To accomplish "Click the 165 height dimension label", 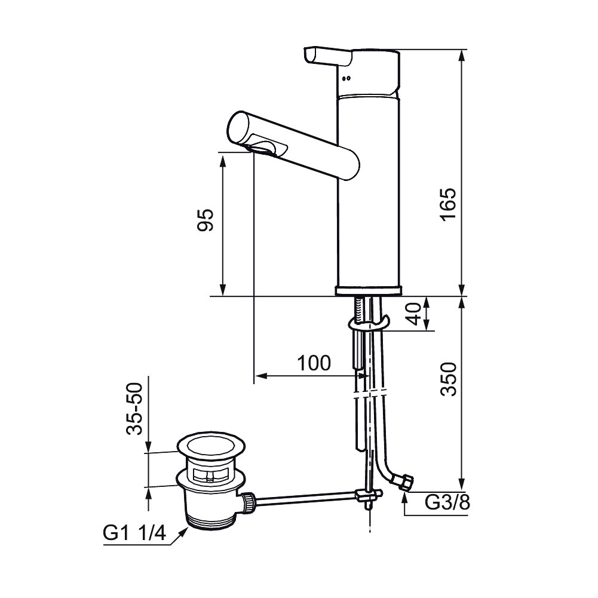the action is [448, 204].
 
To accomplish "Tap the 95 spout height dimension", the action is [205, 220].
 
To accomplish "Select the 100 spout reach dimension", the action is [314, 363].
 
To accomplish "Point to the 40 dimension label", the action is [414, 314].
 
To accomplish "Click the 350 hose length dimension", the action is [448, 379].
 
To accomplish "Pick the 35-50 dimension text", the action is [134, 409].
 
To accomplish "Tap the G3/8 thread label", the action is [447, 503].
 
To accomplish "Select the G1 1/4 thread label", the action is [134, 533].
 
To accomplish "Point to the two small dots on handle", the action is [346, 79].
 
